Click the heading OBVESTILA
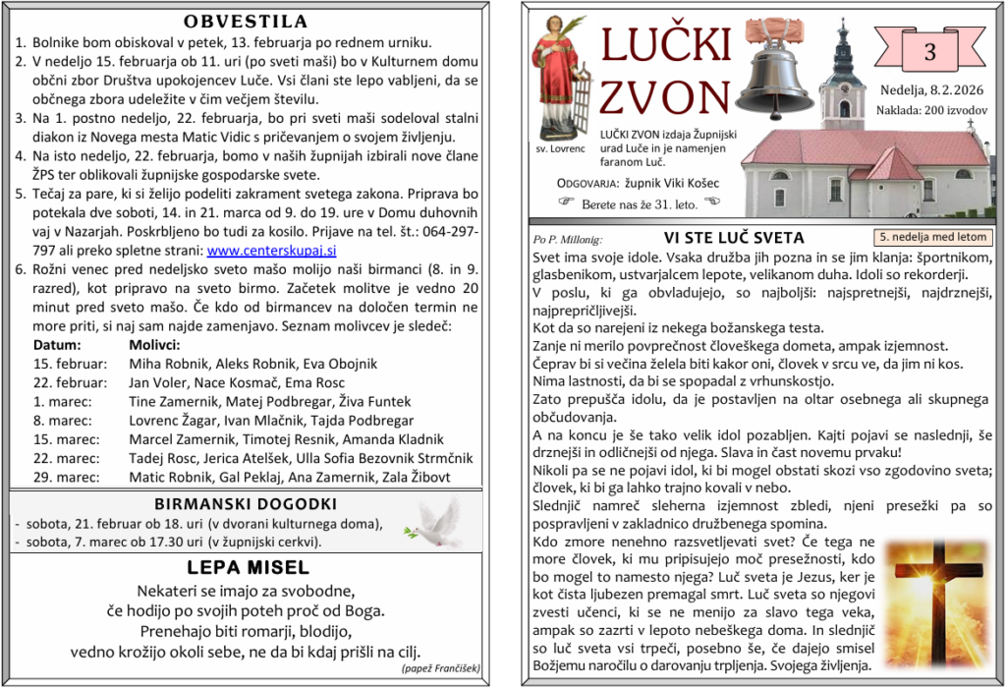[x=245, y=22]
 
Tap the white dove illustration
[x=434, y=522]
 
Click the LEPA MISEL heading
[x=248, y=567]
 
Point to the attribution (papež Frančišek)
[x=440, y=668]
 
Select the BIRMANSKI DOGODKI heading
[x=246, y=504]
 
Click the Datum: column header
[x=57, y=345]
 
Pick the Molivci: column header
[x=154, y=345]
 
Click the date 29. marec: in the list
[x=66, y=477]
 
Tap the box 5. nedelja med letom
[x=931, y=237]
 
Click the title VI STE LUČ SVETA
[x=734, y=237]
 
